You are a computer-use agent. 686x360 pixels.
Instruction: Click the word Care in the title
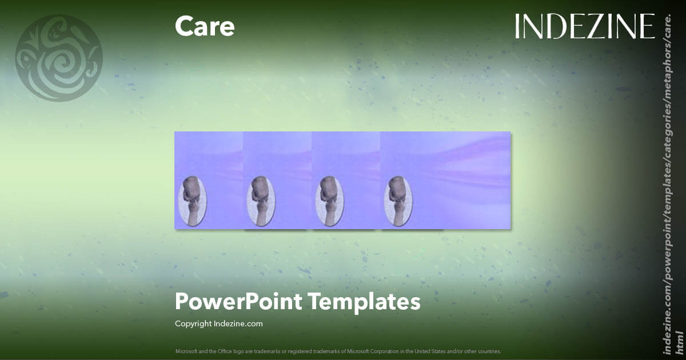205,26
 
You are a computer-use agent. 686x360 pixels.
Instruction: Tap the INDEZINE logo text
584,26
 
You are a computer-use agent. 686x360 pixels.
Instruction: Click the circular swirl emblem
59,58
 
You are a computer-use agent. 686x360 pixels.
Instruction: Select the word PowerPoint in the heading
238,302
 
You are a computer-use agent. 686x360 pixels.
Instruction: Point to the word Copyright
193,323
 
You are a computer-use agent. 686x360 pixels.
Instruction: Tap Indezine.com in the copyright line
238,323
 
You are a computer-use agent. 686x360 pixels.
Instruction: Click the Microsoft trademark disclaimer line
338,351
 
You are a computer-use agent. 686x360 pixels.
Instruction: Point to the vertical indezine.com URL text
667,183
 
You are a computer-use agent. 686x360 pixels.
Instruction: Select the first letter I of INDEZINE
517,26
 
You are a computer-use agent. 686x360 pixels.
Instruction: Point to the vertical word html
679,341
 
